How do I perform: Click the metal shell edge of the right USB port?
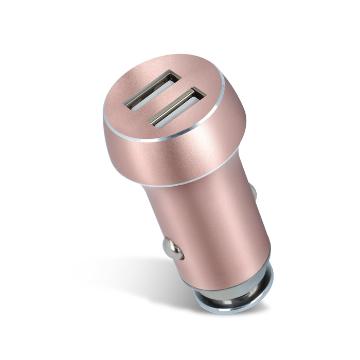click(x=193, y=93)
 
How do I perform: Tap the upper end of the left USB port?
click(x=172, y=76)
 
